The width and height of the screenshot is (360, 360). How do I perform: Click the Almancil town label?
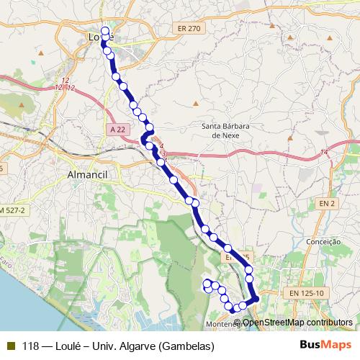pos(86,175)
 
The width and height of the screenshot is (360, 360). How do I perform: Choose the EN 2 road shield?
pos(328,204)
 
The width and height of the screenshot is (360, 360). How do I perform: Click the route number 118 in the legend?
pos(31,346)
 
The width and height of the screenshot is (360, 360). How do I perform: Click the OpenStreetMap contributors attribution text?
pos(297,322)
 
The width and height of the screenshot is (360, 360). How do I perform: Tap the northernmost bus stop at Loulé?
pos(106,31)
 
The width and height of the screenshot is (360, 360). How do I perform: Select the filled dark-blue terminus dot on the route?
pos(254,299)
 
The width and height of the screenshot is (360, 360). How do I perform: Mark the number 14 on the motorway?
pos(324,152)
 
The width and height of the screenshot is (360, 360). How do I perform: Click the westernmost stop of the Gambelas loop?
pos(207,283)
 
